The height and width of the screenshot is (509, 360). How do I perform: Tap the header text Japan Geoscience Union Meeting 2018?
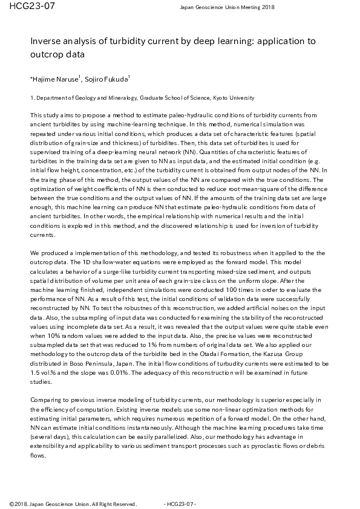(227, 7)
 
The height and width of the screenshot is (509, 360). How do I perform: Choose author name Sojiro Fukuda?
(106, 79)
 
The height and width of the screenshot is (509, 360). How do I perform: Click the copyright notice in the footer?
(73, 504)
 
